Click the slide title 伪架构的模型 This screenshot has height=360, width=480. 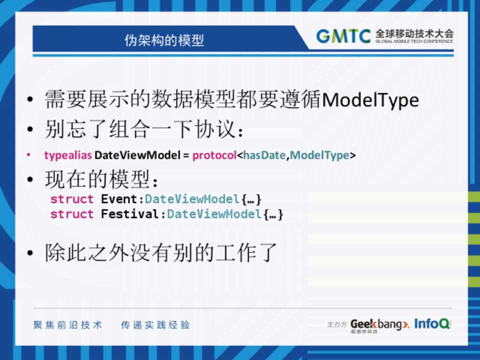pyautogui.click(x=164, y=40)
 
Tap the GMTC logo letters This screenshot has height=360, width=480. pyautogui.click(x=343, y=36)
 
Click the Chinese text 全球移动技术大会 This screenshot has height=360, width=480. pyautogui.click(x=414, y=33)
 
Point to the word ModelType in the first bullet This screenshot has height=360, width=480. pyautogui.click(x=370, y=100)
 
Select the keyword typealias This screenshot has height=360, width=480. pyautogui.click(x=68, y=155)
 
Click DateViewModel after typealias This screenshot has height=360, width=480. pyautogui.click(x=137, y=155)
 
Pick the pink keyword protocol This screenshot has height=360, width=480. pyautogui.click(x=214, y=155)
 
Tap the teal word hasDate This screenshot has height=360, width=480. pyautogui.click(x=264, y=155)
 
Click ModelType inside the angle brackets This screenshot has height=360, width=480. pyautogui.click(x=319, y=155)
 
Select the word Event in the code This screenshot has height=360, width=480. pyautogui.click(x=119, y=199)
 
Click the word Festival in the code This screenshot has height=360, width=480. pyautogui.click(x=130, y=214)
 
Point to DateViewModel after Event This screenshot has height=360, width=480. pyautogui.click(x=192, y=199)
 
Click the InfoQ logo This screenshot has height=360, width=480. pyautogui.click(x=432, y=323)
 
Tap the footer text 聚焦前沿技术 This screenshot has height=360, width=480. pyautogui.click(x=67, y=325)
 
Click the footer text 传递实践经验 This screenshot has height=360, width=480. pyautogui.click(x=155, y=325)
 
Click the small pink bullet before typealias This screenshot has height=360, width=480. pyautogui.click(x=28, y=155)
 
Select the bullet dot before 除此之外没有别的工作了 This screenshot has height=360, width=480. pyautogui.click(x=29, y=253)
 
